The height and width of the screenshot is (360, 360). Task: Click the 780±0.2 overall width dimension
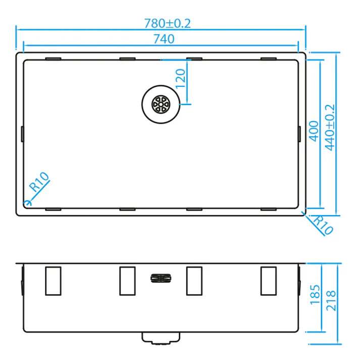(x=167, y=23)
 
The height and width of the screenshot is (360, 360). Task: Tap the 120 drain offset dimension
(x=181, y=78)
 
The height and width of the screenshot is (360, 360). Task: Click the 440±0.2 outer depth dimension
(x=330, y=128)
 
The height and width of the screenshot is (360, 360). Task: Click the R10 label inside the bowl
(x=39, y=182)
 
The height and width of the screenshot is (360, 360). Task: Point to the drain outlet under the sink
(x=161, y=338)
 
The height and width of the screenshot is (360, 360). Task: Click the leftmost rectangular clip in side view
(x=53, y=281)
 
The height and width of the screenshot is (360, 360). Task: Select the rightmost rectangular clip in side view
(x=269, y=281)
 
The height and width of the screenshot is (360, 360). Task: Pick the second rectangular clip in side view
(x=127, y=281)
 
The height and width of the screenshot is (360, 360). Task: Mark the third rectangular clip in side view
(x=194, y=281)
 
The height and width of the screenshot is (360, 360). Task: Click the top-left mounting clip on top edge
(x=53, y=59)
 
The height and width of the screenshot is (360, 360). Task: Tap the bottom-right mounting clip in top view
(x=269, y=208)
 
